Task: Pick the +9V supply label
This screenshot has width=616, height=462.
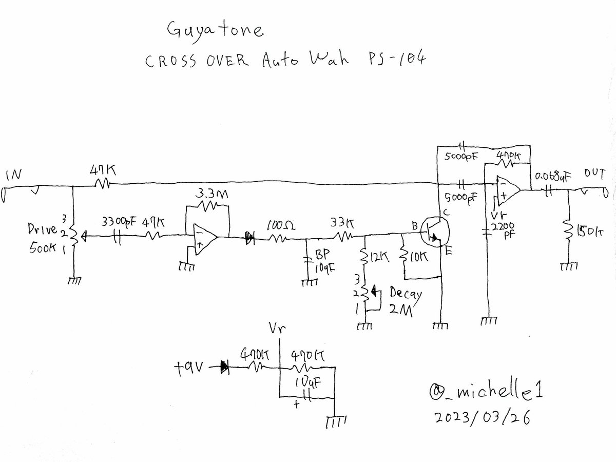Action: click(x=190, y=368)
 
